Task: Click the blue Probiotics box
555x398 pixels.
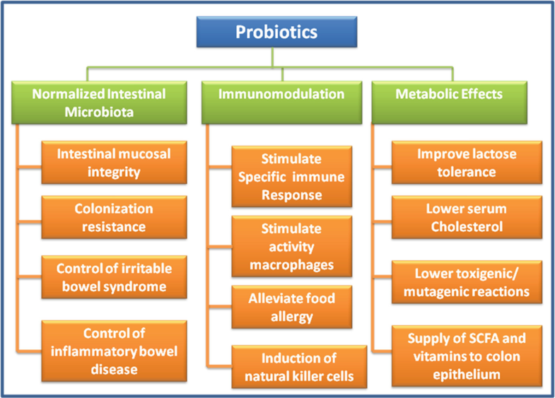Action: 276,32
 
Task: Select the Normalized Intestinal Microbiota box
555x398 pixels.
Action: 99,103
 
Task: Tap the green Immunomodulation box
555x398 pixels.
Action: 282,103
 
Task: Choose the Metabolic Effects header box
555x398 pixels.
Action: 450,103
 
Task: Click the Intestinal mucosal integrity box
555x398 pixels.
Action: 114,163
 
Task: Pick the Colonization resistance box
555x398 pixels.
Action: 114,217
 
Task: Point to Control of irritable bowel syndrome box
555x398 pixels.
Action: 114,277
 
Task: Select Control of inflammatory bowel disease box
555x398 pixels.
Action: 114,351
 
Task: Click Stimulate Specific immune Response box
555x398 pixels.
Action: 292,177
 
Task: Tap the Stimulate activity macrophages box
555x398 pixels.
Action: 292,246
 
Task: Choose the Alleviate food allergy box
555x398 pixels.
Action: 292,307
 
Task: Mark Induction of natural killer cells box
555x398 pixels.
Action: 299,367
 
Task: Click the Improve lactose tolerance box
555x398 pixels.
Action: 467,163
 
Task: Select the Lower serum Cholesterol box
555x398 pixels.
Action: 467,217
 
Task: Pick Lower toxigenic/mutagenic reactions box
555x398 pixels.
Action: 467,282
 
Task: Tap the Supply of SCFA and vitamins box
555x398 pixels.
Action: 467,356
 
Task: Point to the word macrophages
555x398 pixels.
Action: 292,265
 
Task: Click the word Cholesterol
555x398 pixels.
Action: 467,226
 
